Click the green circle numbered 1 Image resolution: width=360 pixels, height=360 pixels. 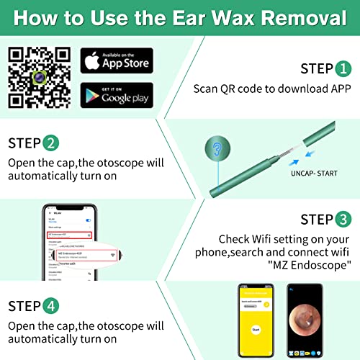tap(343, 68)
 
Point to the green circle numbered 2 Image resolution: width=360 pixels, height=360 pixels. tap(50, 142)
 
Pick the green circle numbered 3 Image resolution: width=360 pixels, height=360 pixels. tap(343, 220)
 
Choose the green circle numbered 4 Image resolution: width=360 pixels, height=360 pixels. tap(50, 306)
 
